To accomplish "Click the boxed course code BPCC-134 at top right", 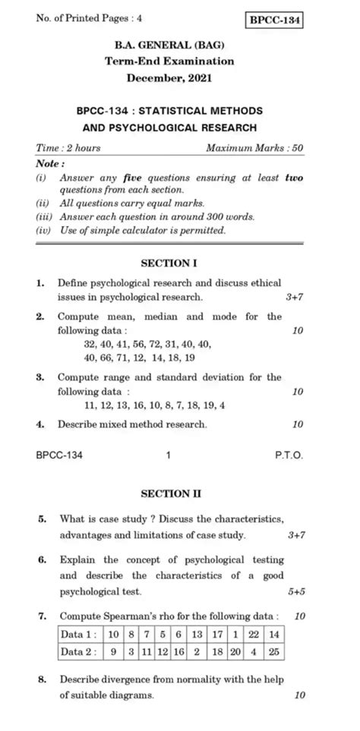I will [276, 20].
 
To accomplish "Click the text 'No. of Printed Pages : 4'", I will [84, 18].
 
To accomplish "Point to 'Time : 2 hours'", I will [68, 148].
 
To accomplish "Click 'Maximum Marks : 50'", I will [254, 148].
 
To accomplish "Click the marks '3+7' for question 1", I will [295, 297].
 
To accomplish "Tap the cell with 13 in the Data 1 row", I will [196, 634].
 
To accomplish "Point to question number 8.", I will [39, 679].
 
